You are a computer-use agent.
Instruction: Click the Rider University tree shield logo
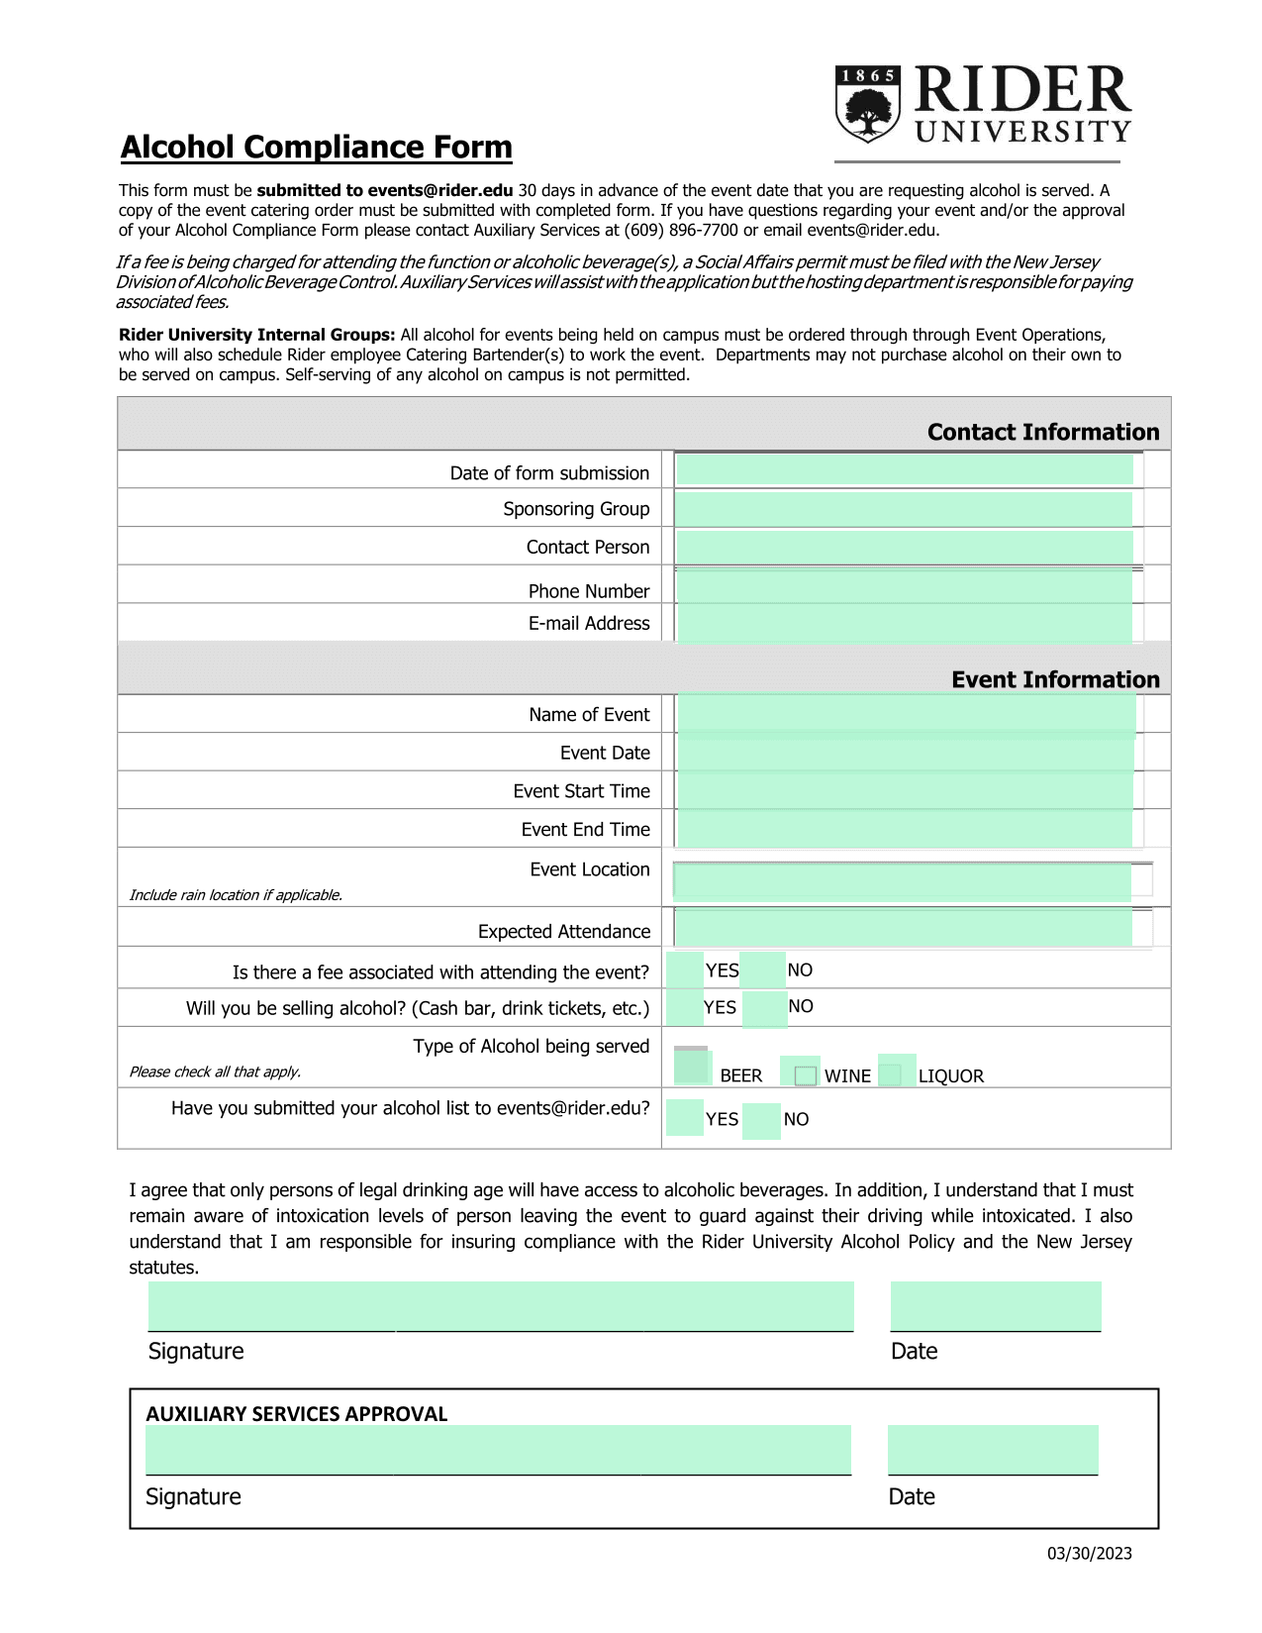coord(868,104)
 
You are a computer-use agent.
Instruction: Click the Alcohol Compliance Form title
coord(316,147)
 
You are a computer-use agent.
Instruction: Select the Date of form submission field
coord(904,469)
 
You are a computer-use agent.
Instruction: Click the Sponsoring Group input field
coord(904,509)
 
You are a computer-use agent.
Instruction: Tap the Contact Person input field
coord(904,547)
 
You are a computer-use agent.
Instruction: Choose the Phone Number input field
coord(904,587)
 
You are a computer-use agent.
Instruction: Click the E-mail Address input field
coord(904,623)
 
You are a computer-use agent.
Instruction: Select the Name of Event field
coord(906,715)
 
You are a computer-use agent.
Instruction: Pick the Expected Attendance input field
coord(903,928)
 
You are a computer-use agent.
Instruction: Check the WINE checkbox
coord(805,1075)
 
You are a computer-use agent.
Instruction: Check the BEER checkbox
coord(692,1068)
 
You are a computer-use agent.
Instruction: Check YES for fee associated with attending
coord(684,970)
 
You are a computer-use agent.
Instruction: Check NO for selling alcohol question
coord(763,1008)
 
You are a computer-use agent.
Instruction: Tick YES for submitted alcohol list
coord(684,1118)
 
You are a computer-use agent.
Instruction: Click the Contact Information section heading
coord(1042,433)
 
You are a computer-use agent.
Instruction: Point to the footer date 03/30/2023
coord(1089,1554)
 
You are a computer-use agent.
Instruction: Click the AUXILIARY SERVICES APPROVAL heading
coord(297,1414)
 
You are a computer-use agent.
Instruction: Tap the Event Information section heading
coord(1054,680)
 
